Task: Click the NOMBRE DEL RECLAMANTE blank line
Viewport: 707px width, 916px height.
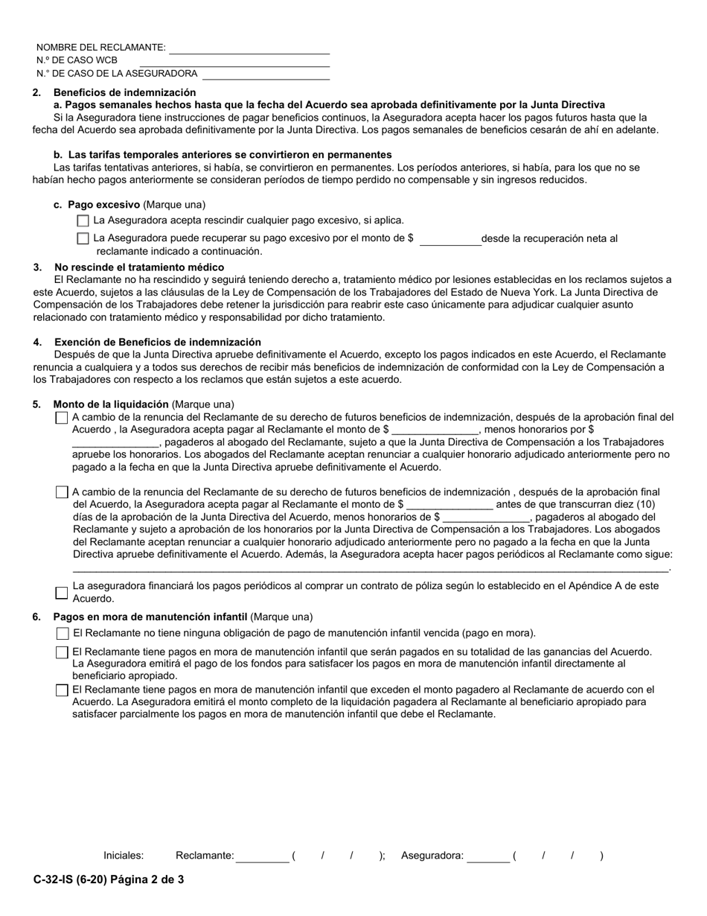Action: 249,48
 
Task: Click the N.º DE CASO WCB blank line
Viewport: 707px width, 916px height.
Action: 234,61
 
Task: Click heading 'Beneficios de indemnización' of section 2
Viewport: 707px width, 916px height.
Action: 124,92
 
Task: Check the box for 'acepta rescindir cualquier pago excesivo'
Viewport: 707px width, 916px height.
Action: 83,220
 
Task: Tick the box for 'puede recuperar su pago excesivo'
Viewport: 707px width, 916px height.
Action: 83,238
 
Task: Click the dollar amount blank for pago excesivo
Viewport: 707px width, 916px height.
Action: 450,240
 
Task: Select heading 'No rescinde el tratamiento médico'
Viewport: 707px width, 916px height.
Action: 139,267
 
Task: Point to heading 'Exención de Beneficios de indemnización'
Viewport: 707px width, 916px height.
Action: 157,342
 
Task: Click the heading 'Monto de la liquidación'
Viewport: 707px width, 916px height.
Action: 111,404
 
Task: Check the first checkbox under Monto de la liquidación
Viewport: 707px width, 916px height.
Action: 62,418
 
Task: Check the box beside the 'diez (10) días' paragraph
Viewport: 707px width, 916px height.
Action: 62,492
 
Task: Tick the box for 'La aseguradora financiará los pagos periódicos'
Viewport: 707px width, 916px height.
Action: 62,593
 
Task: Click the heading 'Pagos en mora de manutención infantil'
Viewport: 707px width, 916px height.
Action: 150,617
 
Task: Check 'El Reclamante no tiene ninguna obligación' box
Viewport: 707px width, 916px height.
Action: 63,634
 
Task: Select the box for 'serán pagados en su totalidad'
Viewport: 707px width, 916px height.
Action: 63,652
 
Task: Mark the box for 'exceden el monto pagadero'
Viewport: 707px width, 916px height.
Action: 63,690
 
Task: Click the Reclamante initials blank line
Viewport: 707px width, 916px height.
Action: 262,857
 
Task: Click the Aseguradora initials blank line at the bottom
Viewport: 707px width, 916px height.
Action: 488,857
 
